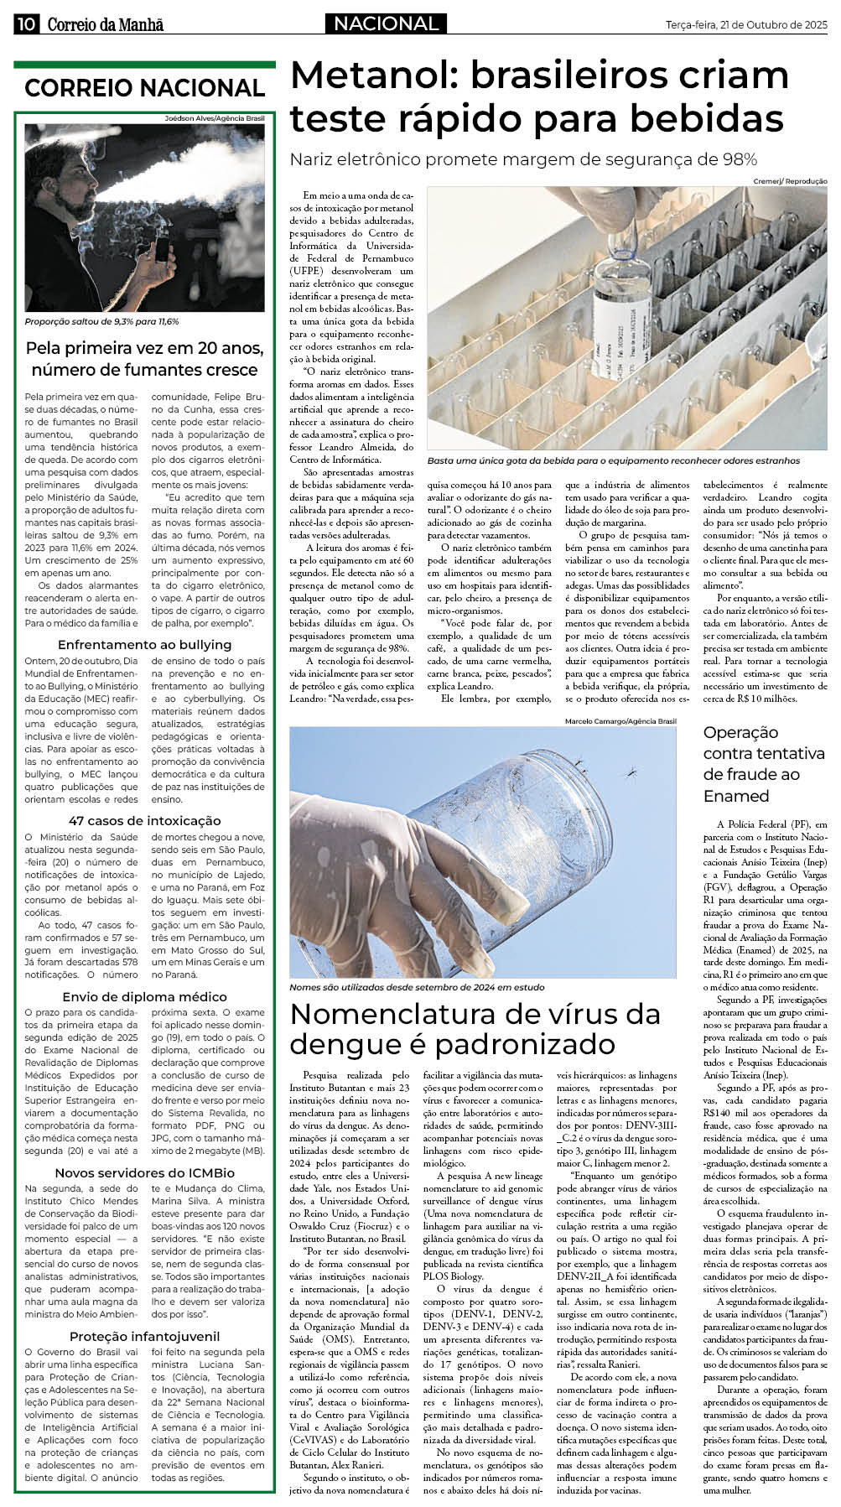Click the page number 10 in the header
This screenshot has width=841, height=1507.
(26, 24)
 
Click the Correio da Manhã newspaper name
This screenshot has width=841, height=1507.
(105, 24)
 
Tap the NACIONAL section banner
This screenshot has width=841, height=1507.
(386, 24)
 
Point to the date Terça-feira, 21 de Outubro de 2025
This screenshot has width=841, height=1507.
(745, 25)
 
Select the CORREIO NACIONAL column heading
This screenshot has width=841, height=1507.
(144, 88)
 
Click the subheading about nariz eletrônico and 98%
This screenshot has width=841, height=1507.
(522, 159)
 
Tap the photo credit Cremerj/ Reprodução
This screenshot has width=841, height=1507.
(789, 181)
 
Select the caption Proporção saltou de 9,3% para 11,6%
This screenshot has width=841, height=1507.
(101, 322)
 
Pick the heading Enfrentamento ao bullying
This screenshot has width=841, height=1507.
(144, 645)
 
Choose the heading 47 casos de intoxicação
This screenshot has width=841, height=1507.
(144, 821)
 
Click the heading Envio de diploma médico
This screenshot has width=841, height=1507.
(144, 997)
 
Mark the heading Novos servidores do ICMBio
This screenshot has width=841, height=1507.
(144, 1173)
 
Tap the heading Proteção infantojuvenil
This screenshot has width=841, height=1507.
(144, 1337)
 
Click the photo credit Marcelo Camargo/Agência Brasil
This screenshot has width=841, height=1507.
(620, 721)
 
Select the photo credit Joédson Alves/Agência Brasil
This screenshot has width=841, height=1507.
(214, 119)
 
